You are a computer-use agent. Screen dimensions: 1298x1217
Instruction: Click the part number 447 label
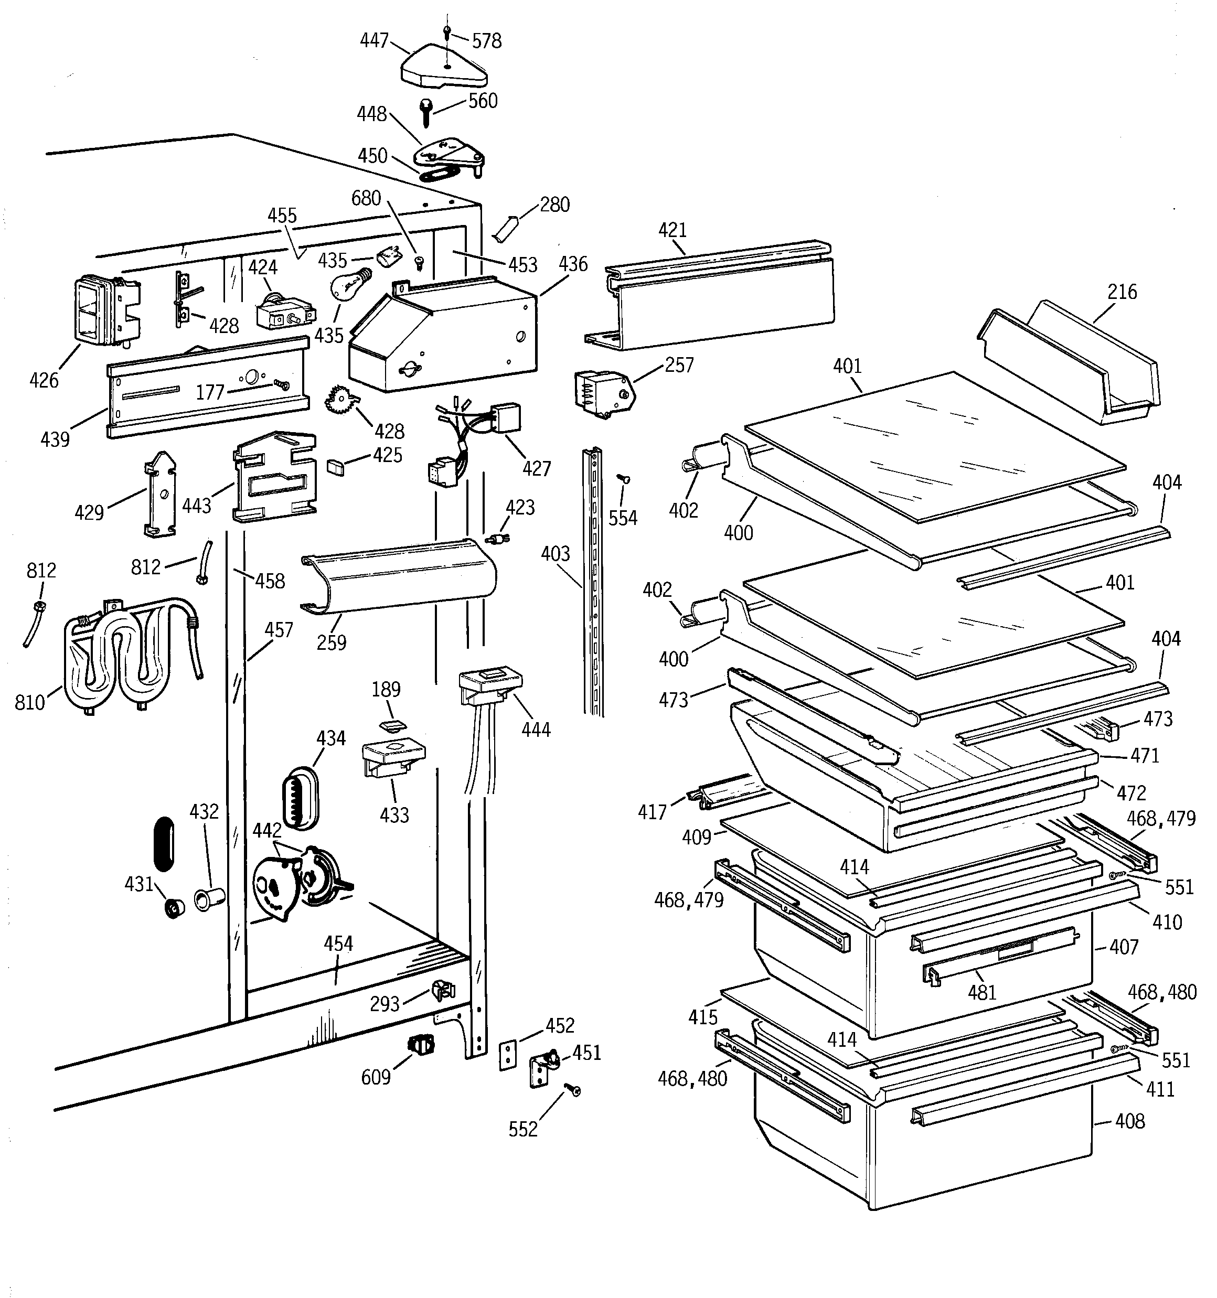pos(375,40)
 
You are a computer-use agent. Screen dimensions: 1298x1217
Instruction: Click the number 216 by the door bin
pos(1122,292)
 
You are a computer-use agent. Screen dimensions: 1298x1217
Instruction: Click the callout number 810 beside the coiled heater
pos(29,703)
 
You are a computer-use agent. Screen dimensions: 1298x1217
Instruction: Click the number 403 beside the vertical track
pos(556,554)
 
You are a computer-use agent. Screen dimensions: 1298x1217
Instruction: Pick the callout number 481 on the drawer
pos(982,992)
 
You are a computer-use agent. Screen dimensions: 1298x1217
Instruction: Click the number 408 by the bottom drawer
pos(1129,1121)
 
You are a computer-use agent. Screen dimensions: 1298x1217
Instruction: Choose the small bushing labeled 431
pos(174,908)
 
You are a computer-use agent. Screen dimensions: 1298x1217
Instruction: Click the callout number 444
pos(536,730)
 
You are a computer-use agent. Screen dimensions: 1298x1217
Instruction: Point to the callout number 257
pos(679,364)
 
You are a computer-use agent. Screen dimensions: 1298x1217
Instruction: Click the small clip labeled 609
pos(421,1044)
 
